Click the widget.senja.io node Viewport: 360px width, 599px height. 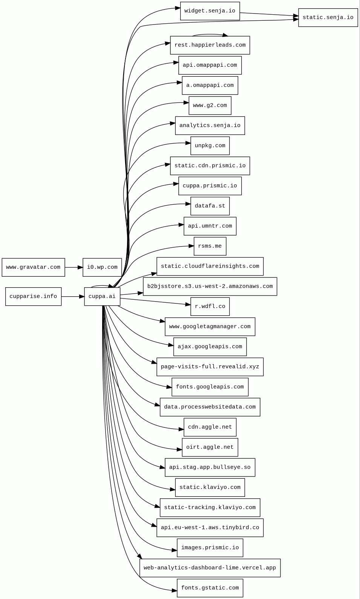point(210,11)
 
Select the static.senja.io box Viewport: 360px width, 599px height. point(328,18)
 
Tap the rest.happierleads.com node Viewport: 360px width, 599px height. point(210,45)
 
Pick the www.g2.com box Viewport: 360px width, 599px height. point(210,106)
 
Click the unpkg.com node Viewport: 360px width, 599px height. point(210,146)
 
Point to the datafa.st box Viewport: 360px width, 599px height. point(210,206)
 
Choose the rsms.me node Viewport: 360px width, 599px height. point(210,246)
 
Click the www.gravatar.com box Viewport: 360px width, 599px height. point(33,267)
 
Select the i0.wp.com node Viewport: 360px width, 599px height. point(102,267)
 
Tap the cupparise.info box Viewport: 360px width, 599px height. point(33,297)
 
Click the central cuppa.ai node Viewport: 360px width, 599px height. point(102,297)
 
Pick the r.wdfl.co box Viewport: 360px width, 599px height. point(210,306)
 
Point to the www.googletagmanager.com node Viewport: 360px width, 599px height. point(210,327)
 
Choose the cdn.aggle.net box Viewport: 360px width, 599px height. point(210,427)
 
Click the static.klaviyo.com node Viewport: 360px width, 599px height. point(210,487)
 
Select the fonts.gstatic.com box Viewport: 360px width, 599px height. point(210,588)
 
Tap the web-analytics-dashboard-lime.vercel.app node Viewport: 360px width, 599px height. point(210,568)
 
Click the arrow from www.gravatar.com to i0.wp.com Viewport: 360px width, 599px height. point(74,267)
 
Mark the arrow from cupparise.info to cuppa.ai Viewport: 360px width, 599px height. point(72,297)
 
